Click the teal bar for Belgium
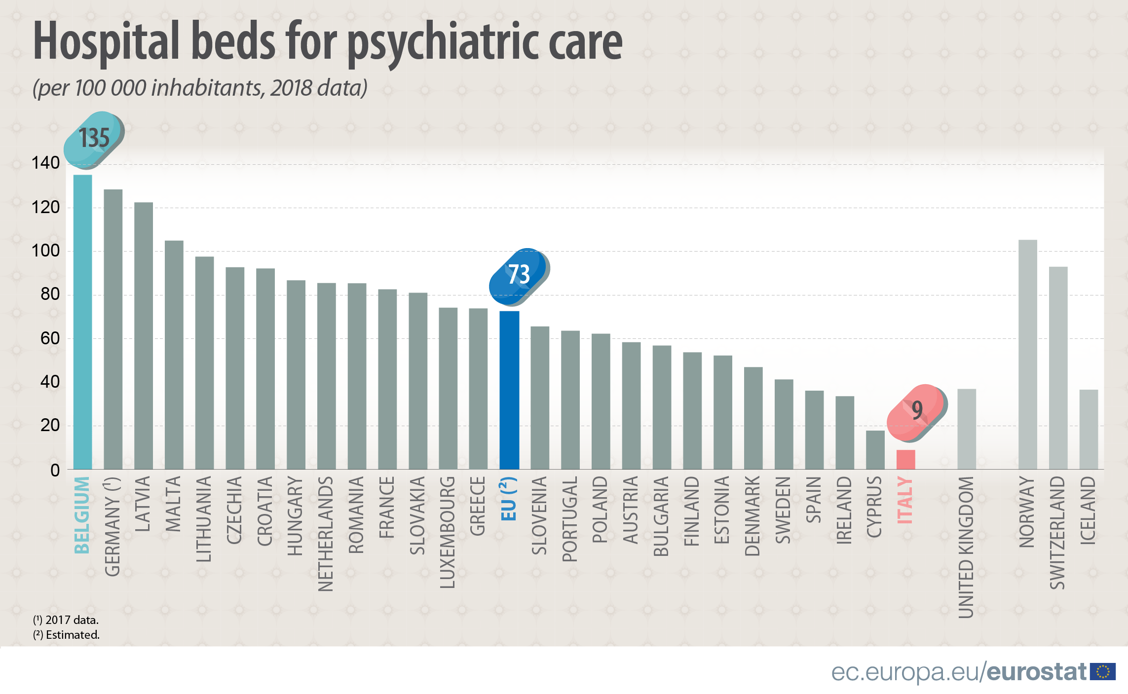(82, 321)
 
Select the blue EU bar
(509, 390)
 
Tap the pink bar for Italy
(905, 459)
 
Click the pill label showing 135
(94, 139)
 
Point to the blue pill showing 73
(519, 275)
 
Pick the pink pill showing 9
(916, 412)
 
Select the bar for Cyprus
(875, 449)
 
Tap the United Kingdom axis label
(966, 547)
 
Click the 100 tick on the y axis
(45, 251)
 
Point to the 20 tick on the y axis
(50, 425)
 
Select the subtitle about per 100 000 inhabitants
(200, 88)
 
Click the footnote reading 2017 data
(66, 620)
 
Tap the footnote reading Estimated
(67, 635)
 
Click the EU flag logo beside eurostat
(1102, 671)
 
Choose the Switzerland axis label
(1057, 532)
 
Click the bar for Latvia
(144, 335)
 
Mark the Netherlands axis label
(326, 533)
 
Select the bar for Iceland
(1089, 429)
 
